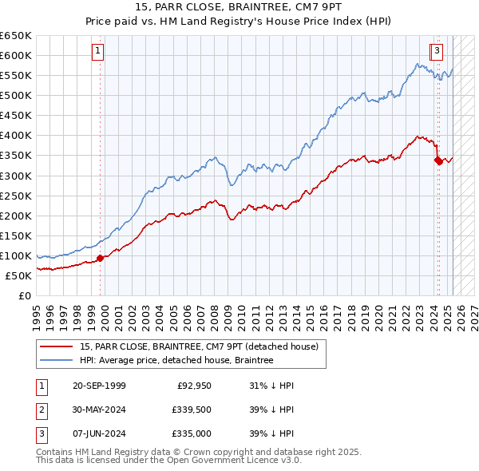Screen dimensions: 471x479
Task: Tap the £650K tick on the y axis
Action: [16, 36]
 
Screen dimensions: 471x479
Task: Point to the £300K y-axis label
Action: [16, 176]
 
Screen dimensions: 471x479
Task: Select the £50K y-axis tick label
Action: [18, 275]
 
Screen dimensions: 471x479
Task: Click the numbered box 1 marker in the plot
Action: [97, 52]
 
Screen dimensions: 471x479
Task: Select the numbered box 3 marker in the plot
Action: [438, 52]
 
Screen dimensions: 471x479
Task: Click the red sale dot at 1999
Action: [101, 258]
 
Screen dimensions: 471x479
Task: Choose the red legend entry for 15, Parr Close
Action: [199, 346]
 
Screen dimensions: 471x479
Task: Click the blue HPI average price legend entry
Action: [176, 361]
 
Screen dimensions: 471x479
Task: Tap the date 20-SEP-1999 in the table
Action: [99, 386]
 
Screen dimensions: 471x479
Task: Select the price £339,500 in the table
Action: [190, 410]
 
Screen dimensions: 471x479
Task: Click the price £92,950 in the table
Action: [193, 386]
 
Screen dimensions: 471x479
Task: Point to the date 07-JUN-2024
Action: [99, 435]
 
